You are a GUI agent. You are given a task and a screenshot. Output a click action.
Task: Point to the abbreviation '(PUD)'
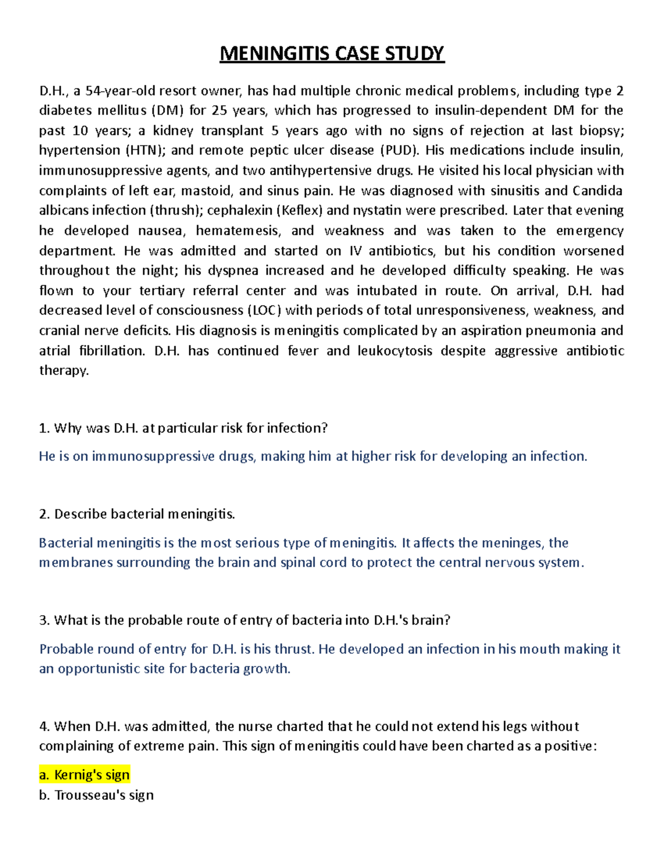(400, 150)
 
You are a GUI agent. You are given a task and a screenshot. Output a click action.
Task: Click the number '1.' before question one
(44, 428)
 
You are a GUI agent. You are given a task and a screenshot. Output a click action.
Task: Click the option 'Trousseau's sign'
(103, 795)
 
